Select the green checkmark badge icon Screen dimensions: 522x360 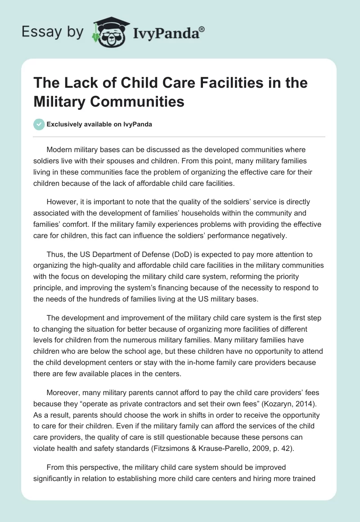(39, 124)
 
